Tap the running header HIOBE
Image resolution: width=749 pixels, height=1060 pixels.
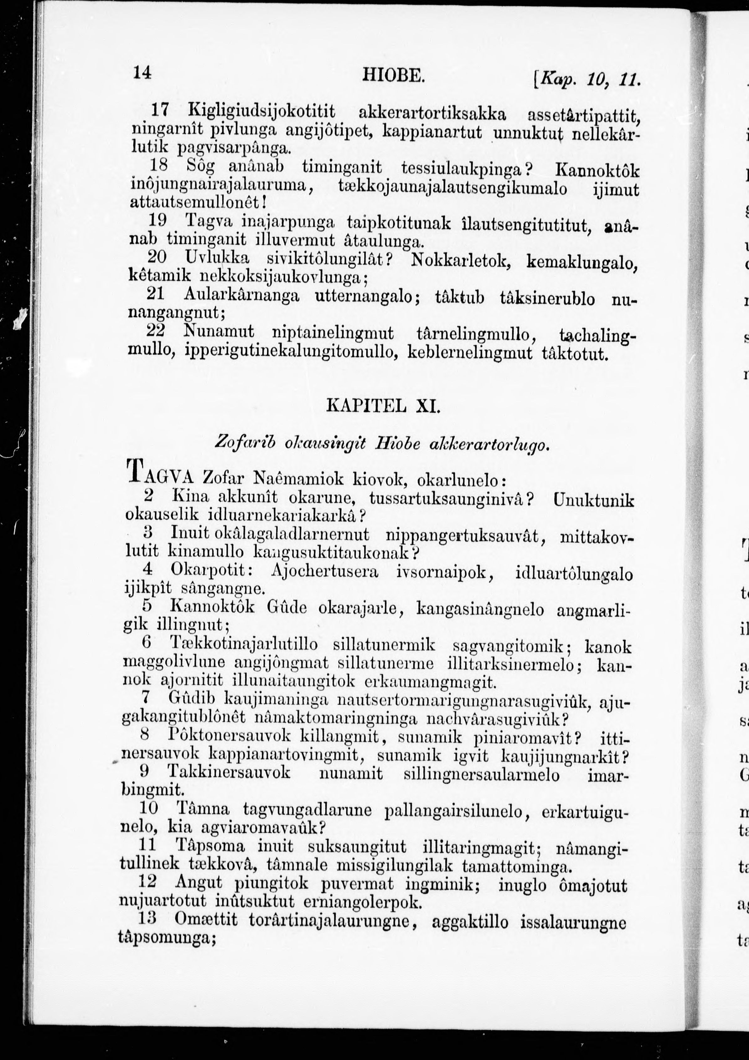click(x=392, y=74)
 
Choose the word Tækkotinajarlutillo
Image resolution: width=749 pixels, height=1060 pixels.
click(x=244, y=644)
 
